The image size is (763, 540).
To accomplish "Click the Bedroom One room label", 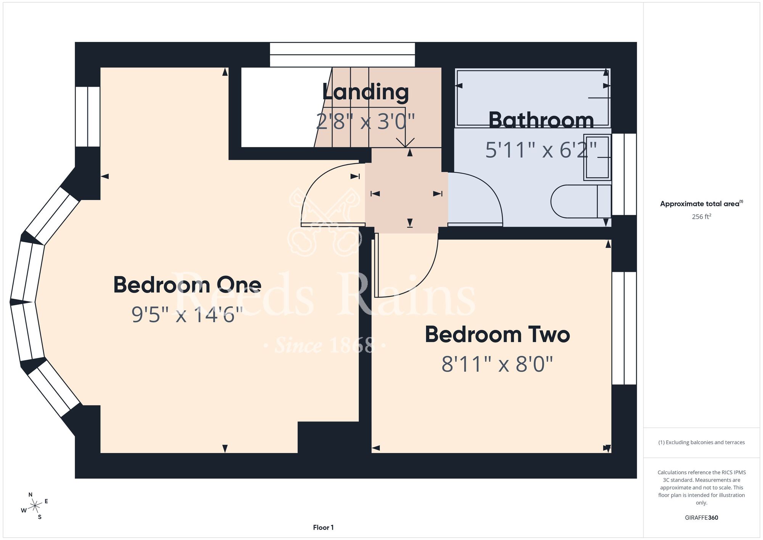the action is pos(187,285).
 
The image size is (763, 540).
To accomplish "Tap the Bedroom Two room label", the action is pos(497,335).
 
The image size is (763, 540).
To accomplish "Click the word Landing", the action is pos(365,92).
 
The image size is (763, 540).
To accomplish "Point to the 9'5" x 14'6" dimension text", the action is pos(187,315).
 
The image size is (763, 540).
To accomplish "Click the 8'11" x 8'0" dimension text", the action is pos(497,364).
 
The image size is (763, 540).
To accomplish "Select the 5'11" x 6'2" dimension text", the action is pos(541,150).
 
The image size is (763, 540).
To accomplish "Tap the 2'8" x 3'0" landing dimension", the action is pos(365,122).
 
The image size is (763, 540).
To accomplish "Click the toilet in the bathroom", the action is pos(581,201).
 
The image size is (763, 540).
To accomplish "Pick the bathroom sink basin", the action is pos(597,157).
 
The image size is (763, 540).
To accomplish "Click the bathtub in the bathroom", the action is pos(533,98).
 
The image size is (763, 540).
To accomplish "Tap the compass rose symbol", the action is pos(35,506).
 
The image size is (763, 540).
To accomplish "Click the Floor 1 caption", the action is pos(323,527).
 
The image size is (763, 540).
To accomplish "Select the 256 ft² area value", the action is pos(702,217).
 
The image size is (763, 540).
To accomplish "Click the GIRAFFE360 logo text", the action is pos(702,518).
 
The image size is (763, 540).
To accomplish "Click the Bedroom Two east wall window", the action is pos(624,328).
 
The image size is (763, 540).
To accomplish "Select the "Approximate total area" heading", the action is pos(700,204).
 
